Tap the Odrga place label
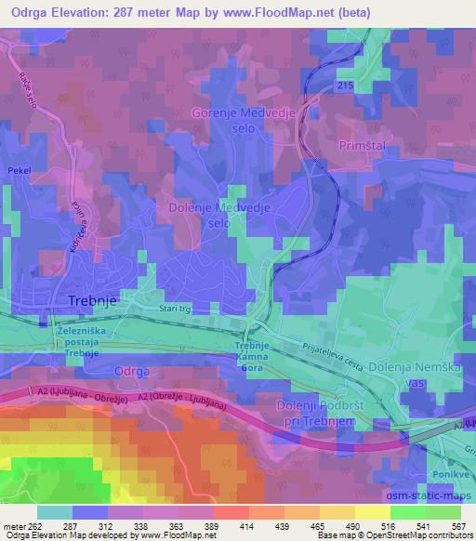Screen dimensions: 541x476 pyautogui.click(x=130, y=371)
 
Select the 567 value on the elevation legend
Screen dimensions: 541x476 pyautogui.click(x=456, y=525)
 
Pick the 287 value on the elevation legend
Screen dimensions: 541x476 pyautogui.click(x=90, y=525)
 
